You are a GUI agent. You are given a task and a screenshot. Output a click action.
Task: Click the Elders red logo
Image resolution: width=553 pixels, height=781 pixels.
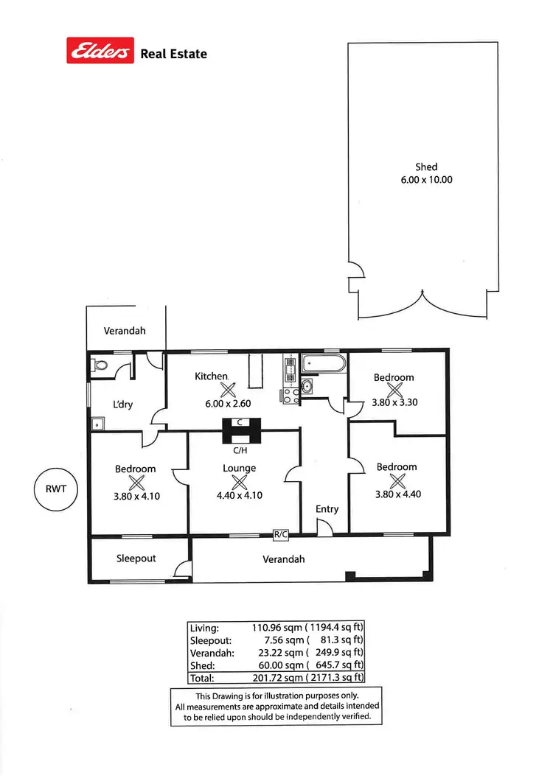100,51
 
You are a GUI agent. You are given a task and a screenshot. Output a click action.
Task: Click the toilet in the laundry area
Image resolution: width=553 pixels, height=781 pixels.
100,365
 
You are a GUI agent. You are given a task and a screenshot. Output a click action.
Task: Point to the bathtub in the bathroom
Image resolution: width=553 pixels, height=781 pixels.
323,364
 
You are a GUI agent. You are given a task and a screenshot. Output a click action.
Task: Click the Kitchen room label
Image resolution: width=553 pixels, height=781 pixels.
211,377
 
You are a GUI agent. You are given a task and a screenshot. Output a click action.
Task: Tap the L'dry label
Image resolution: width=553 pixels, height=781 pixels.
123,404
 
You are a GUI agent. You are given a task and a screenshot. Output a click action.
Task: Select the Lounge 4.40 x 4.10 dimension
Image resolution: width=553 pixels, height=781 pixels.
239,496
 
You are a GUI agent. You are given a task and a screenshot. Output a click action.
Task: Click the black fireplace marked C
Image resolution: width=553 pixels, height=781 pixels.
243,427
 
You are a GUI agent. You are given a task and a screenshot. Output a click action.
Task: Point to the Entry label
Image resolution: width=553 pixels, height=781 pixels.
327,509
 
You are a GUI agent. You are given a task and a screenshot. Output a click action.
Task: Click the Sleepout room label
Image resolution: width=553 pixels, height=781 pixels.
136,558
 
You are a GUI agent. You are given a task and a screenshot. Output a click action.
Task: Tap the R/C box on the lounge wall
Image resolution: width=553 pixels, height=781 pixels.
280,535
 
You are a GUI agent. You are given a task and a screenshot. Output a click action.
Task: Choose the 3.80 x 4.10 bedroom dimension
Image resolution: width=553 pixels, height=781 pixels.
136,496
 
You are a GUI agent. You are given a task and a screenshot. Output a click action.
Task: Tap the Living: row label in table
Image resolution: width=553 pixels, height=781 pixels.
204,628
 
